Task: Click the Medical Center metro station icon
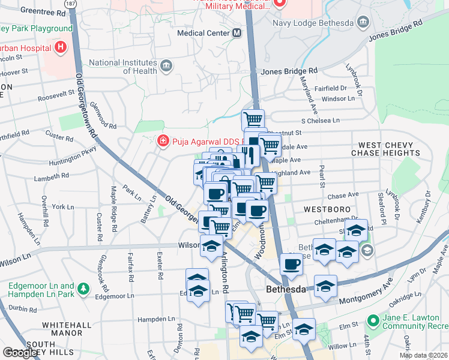[237, 33]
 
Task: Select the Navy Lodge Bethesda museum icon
[363, 23]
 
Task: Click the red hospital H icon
[60, 46]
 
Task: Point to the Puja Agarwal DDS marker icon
[162, 142]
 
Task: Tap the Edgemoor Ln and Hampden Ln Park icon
[83, 290]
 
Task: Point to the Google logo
[20, 353]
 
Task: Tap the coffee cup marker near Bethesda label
[292, 263]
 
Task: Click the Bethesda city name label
[287, 289]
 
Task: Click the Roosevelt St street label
[56, 95]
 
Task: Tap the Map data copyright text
[423, 355]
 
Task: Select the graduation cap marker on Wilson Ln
[211, 246]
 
